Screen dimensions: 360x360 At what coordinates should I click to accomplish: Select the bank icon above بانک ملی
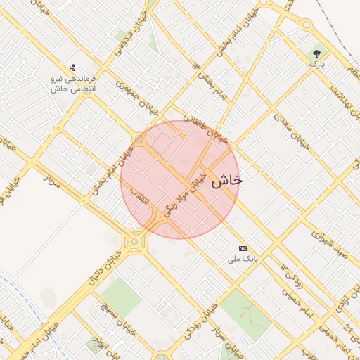(243, 248)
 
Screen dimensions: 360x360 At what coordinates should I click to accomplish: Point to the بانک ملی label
(243, 259)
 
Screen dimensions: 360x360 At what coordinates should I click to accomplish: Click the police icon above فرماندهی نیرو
(73, 68)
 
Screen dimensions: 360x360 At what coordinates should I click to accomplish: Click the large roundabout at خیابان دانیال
(134, 242)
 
